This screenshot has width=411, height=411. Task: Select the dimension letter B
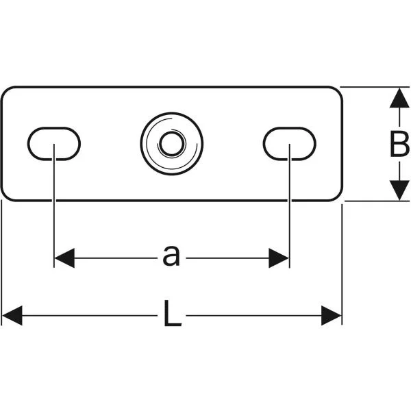[x=399, y=144]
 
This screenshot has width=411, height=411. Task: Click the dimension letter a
[x=171, y=256]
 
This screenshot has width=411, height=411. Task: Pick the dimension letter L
[x=172, y=313]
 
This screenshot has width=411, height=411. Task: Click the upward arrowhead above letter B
[x=399, y=98]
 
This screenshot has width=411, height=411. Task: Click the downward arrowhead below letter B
[x=399, y=190]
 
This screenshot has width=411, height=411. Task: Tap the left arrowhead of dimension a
[x=64, y=258]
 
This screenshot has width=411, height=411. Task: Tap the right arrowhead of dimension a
[x=279, y=258]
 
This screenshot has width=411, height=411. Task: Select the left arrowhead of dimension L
[x=12, y=316]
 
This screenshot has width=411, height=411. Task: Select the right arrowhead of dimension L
[x=332, y=316]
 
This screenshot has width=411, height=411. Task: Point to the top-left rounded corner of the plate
[x=5, y=90]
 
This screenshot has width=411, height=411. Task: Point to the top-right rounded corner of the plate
[x=338, y=90]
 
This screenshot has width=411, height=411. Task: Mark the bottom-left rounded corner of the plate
[x=5, y=197]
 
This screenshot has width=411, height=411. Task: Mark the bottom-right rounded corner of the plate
[x=338, y=197]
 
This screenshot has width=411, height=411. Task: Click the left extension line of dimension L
[x=1, y=262]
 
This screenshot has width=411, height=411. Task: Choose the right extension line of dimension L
[x=342, y=264]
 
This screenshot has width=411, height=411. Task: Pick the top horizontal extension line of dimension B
[x=375, y=87]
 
